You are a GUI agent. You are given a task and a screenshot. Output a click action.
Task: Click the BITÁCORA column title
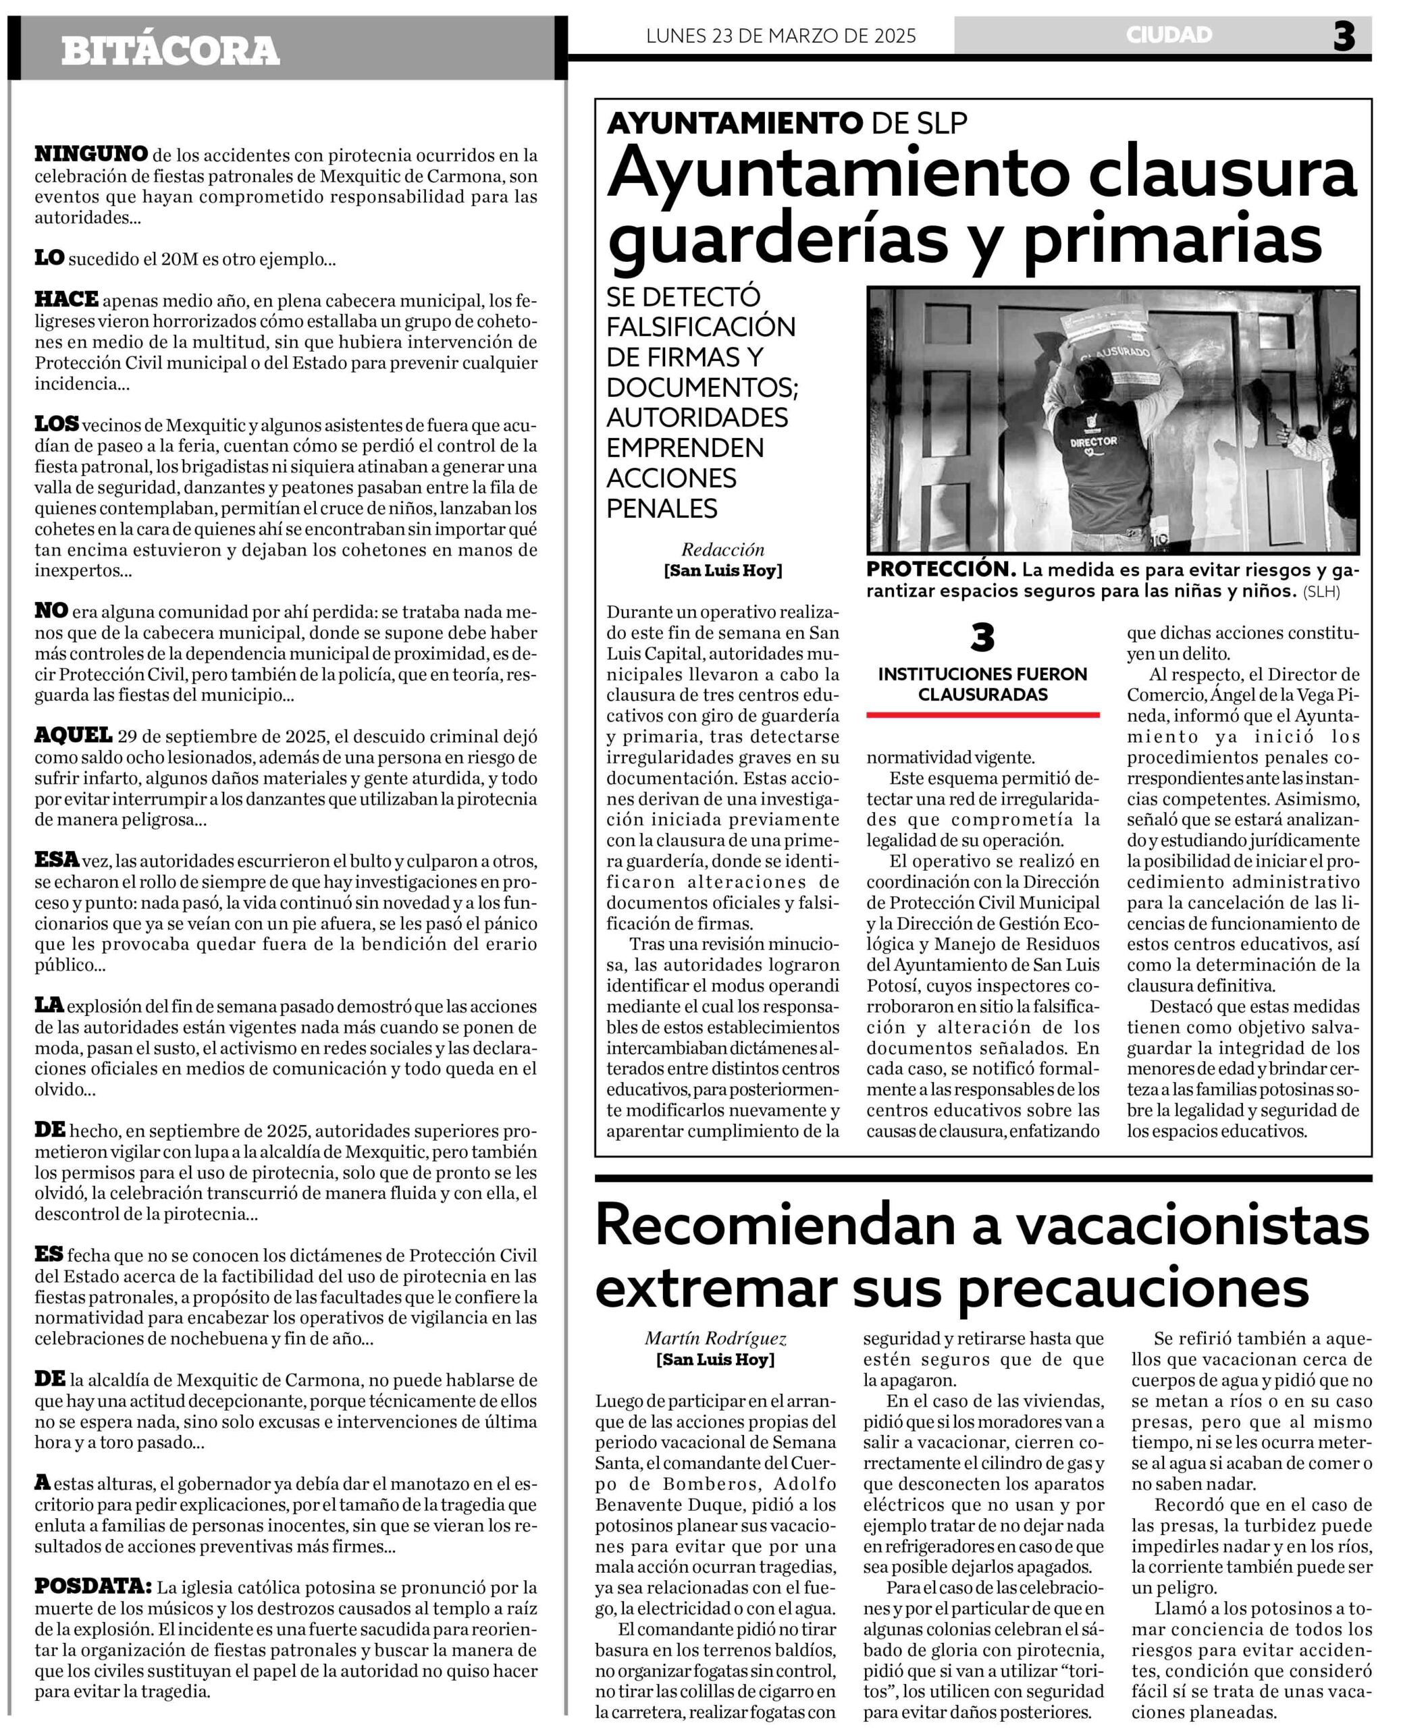pos(170,51)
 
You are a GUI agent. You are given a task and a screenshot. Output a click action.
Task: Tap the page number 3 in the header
pos(1344,37)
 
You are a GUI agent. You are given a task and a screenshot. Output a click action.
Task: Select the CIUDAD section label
pos(1169,34)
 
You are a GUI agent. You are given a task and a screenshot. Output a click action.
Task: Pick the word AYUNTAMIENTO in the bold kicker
pos(735,124)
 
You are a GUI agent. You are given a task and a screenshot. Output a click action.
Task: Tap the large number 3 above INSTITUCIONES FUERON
pos(982,637)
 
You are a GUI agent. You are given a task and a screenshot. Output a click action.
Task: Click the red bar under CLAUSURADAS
pos(982,715)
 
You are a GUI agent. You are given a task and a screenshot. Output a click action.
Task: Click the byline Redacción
pos(723,549)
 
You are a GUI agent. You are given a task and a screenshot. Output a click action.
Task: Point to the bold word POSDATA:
pos(93,1586)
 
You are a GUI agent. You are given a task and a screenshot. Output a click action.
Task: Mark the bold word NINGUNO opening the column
pos(91,154)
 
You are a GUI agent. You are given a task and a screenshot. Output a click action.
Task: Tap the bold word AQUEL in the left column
pos(73,735)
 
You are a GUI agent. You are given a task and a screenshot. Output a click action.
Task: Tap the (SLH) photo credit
pos(1321,591)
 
